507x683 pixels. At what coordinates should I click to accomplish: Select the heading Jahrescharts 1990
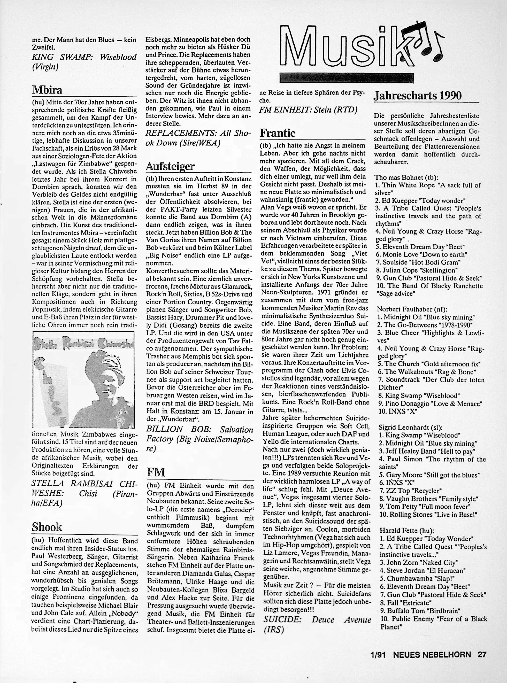[418, 96]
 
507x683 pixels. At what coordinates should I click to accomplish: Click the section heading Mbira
[47, 90]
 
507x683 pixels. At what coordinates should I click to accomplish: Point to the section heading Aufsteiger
[170, 167]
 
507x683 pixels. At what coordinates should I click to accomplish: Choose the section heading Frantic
[278, 133]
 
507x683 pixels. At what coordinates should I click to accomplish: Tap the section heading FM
[156, 472]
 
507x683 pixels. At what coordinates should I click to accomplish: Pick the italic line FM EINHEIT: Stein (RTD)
[309, 110]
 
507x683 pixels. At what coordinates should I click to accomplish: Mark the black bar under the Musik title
[347, 78]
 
